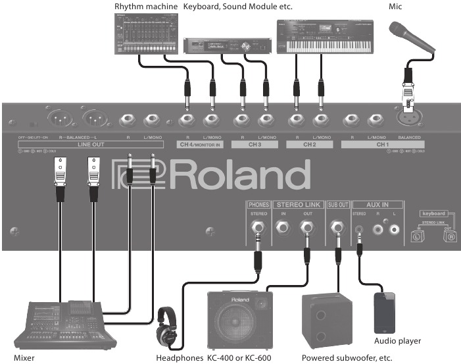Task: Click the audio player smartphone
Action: (385, 313)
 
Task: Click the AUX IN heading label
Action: (374, 204)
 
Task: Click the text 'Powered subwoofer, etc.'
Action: (346, 358)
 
